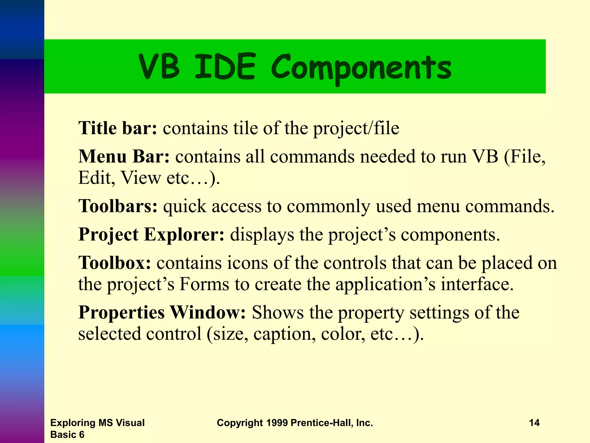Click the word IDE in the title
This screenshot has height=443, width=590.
[225, 67]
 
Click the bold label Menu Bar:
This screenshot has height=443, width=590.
[124, 156]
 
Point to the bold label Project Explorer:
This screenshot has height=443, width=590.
[151, 234]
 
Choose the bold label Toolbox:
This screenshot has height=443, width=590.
[115, 263]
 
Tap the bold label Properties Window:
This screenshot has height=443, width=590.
[162, 312]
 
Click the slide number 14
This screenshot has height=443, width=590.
[534, 423]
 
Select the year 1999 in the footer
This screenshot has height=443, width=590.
[277, 423]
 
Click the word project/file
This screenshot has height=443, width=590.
[356, 128]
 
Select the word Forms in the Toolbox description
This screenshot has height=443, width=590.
[204, 284]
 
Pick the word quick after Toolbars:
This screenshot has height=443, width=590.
[185, 207]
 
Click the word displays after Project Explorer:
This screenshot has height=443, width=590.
[262, 235]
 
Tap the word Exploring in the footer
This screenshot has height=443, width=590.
[73, 423]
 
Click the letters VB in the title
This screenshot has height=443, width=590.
[159, 67]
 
